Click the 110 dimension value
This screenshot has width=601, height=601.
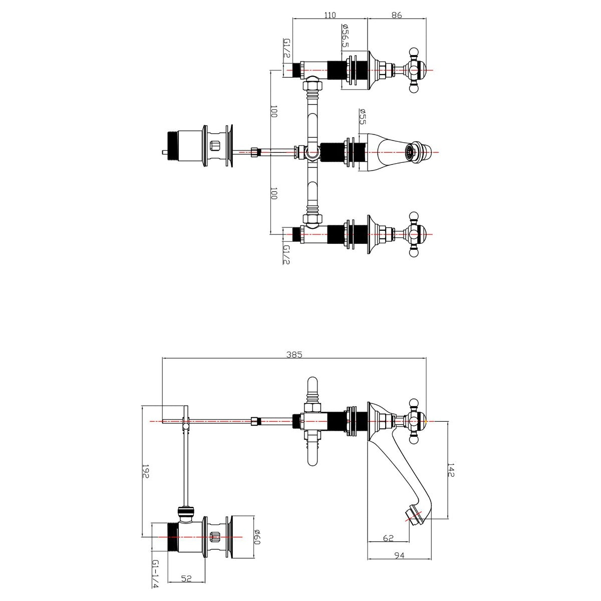point(330,15)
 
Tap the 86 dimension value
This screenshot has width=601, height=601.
point(397,15)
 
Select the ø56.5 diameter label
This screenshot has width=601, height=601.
point(345,36)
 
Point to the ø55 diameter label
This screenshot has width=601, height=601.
point(362,117)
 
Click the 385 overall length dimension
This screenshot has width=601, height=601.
point(294,354)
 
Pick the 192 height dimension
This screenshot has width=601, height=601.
point(146,471)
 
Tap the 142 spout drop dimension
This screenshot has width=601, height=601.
point(451,469)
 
